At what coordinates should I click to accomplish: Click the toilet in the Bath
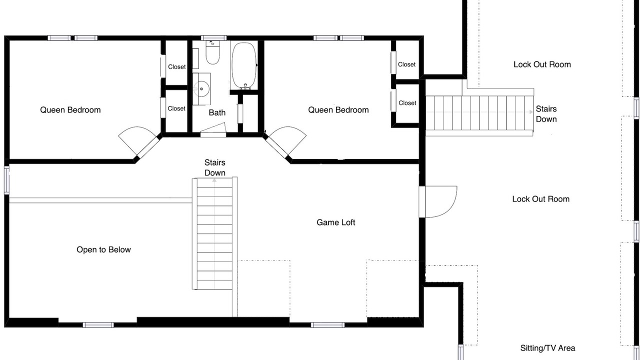point(213,52)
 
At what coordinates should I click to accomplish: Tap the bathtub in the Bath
point(244,65)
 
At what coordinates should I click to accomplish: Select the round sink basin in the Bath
point(201,89)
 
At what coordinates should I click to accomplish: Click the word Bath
point(217,112)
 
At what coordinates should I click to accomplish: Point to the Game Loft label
point(335,222)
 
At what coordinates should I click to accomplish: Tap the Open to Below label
point(103,249)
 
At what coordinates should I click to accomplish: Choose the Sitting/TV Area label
point(547,348)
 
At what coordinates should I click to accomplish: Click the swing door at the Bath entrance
point(213,130)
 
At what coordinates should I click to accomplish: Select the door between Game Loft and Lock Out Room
point(438,201)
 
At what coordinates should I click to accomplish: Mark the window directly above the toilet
point(213,38)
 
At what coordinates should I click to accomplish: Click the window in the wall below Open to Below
point(98,325)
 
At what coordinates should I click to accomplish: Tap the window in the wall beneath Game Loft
point(327,325)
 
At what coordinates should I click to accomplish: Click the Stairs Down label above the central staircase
point(215,167)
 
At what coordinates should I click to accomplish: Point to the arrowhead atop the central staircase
point(214,180)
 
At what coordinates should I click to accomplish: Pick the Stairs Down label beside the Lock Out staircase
point(546,114)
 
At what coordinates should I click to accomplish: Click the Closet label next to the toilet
point(177,67)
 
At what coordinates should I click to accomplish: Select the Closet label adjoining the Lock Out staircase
point(407,103)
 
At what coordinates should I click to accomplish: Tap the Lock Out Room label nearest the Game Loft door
point(541,199)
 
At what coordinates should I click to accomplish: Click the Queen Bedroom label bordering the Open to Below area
point(70,110)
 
